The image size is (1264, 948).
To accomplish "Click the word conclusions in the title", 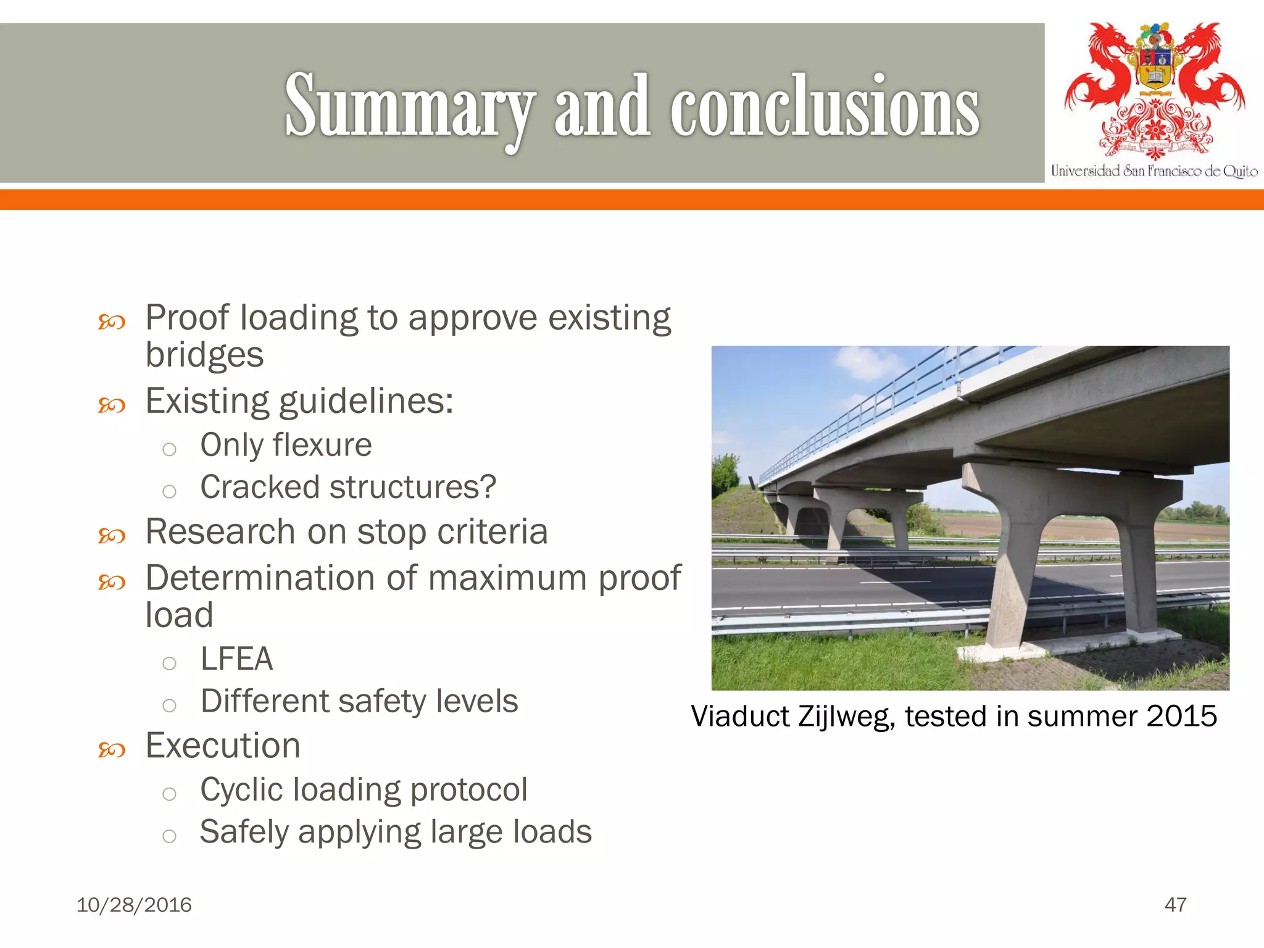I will pos(825,106).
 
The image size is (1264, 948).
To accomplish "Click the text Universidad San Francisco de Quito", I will pos(1154,171).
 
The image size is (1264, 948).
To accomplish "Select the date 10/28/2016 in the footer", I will pos(134,905).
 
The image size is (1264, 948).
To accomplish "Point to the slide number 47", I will pos(1175,905).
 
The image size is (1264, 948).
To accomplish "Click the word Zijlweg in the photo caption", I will pos(846,717).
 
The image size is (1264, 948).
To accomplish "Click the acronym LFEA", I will pos(236,659).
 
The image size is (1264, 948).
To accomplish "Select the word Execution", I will pos(223,746).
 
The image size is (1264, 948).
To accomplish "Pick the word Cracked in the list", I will pos(260,487).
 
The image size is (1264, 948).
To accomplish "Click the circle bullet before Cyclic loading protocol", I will pos(169,794).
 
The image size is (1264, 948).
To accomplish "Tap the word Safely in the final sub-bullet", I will pos(244,832).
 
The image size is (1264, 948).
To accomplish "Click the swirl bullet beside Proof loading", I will pos(112,322).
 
